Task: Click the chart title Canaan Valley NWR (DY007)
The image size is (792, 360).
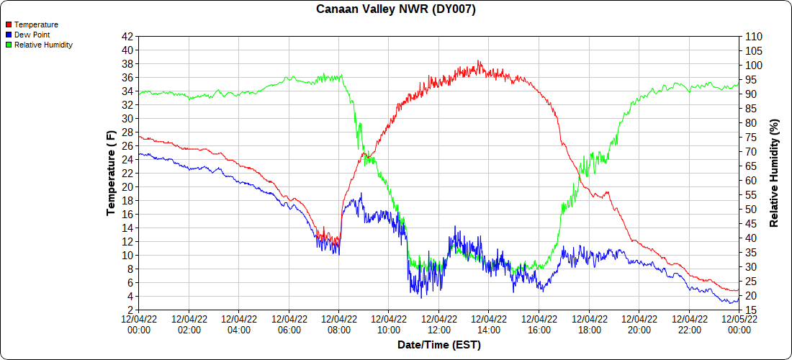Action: [x=396, y=9]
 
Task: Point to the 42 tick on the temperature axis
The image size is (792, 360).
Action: [x=127, y=37]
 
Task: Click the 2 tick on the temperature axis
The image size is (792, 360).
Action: [x=130, y=310]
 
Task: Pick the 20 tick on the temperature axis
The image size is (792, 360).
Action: [x=127, y=186]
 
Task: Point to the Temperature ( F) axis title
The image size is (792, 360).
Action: [x=111, y=173]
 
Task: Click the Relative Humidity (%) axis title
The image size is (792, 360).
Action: [x=775, y=173]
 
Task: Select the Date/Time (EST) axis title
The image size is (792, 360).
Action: [x=439, y=345]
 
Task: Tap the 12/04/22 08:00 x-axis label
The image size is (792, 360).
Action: [x=339, y=324]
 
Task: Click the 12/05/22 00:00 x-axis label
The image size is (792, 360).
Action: [x=739, y=324]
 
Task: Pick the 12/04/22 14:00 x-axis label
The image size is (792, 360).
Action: [x=489, y=324]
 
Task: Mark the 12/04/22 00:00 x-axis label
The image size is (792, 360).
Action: [x=139, y=324]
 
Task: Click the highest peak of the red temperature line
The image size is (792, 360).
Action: [x=480, y=61]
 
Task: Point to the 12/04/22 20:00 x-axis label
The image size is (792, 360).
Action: [x=639, y=324]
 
